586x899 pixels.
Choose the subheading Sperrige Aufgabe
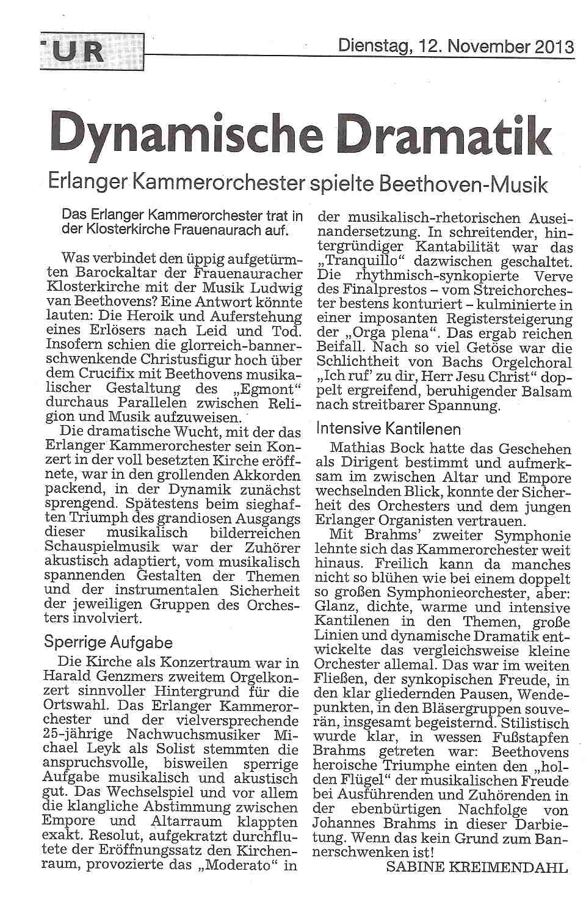[x=109, y=642]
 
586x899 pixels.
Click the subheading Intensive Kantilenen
[x=388, y=428]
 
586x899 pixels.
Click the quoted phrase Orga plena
[x=383, y=333]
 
